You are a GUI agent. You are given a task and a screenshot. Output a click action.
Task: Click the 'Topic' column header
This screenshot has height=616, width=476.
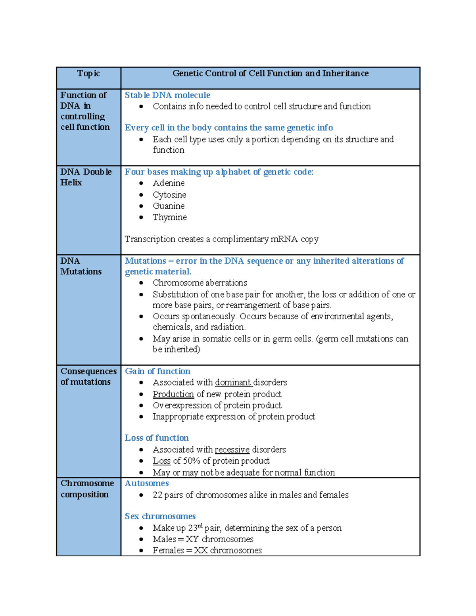(88, 73)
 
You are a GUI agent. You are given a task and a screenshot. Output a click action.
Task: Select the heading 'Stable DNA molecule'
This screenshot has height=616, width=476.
(167, 95)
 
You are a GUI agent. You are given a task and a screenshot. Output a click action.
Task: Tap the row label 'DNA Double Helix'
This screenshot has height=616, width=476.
(86, 177)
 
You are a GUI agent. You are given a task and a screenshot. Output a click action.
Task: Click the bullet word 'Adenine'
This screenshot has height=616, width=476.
(169, 183)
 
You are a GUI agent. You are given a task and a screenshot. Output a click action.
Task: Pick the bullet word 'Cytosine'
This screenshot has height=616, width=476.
(169, 195)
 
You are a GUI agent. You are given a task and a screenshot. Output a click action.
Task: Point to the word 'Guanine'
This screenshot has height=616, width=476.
(169, 206)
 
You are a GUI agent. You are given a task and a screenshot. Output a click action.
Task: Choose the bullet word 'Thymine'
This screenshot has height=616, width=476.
(169, 217)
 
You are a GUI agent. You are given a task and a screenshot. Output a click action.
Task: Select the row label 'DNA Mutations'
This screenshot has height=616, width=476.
(81, 266)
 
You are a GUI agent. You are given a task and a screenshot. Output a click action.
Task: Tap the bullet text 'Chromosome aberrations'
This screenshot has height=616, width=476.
(200, 283)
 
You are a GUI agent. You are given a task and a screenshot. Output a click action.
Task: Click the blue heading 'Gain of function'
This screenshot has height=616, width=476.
(157, 371)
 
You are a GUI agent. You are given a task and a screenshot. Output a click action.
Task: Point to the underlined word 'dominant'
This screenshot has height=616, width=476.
(233, 382)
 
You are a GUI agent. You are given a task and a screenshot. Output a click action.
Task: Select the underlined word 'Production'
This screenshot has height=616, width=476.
(173, 394)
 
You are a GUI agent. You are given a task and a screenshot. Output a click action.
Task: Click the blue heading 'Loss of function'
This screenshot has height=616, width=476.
(157, 438)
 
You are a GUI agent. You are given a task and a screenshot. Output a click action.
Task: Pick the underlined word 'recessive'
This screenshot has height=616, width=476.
(232, 450)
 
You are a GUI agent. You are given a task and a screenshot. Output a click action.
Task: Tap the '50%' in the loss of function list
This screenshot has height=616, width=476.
(192, 461)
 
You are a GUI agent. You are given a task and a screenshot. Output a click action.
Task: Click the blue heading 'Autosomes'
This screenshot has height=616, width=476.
(147, 484)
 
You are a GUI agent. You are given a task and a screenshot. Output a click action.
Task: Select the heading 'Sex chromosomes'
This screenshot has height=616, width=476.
(160, 516)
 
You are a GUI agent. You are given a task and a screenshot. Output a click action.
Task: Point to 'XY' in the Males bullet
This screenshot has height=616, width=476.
(192, 539)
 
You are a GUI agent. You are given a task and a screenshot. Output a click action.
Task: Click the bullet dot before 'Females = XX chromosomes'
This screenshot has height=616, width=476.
(141, 551)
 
